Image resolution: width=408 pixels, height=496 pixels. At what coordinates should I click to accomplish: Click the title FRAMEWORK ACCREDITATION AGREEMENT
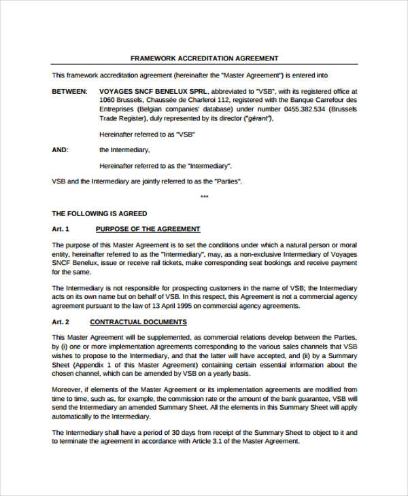204,58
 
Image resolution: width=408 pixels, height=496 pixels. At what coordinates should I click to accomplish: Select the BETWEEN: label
69,91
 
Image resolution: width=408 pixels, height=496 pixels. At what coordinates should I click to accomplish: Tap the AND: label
60,150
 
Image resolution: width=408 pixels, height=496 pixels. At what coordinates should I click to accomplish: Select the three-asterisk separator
204,197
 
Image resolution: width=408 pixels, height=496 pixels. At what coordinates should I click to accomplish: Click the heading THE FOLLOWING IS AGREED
99,213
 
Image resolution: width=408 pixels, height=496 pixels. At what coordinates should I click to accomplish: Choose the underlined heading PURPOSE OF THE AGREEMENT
148,229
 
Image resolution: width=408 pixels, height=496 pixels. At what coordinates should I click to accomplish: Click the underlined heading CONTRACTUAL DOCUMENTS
138,322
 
